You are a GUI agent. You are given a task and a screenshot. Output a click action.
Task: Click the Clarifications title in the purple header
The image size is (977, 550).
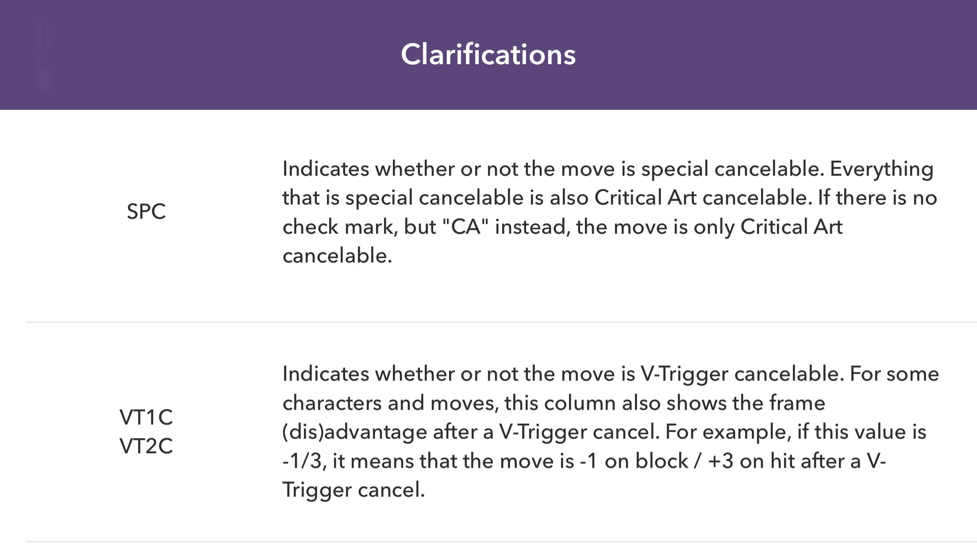point(488,54)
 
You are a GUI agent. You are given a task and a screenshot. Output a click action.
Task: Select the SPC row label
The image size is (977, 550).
point(146,211)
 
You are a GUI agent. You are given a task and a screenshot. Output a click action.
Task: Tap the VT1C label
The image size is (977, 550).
point(146,417)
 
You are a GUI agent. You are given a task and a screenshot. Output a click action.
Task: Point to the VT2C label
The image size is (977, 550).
point(146,446)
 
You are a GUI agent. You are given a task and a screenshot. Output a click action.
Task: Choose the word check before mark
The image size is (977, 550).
point(310,227)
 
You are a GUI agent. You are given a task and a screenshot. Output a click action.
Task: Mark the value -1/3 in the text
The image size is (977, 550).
point(304,461)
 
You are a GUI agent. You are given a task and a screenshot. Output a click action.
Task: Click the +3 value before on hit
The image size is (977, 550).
point(721,461)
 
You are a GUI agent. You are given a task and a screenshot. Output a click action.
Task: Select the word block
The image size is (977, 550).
point(662,461)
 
